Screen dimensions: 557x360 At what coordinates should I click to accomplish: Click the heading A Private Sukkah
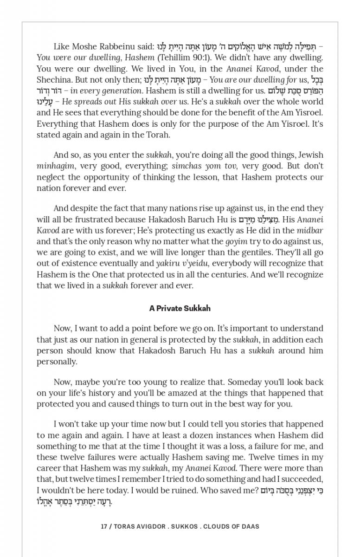point(180,308)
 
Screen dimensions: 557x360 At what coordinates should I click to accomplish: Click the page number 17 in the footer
point(104,526)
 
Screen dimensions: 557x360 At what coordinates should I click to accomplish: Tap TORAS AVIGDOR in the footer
point(140,526)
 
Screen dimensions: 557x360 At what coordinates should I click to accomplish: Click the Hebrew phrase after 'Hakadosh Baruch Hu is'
point(255,220)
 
